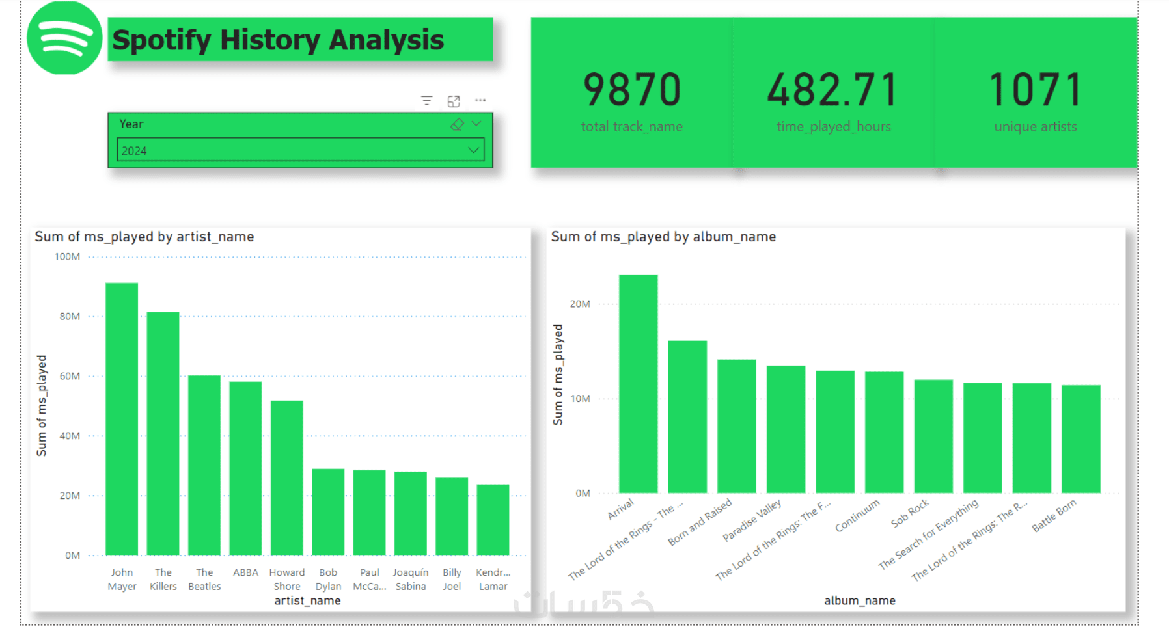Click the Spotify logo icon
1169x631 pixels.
64,38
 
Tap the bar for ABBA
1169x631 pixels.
245,468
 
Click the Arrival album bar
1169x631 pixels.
638,383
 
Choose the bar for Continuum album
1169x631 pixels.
884,432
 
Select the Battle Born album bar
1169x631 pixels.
1080,438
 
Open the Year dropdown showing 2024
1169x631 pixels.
300,151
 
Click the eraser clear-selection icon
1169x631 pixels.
457,124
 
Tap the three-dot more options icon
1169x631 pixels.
480,100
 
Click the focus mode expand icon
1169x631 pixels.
454,101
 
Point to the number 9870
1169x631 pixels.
632,90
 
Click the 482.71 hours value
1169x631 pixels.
833,90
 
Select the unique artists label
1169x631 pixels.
1035,127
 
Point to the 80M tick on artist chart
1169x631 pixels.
70,317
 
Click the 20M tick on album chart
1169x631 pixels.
580,304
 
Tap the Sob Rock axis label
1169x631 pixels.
910,513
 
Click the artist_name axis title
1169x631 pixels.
307,600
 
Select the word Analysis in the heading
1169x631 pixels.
386,40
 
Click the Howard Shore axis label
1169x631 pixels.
287,579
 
